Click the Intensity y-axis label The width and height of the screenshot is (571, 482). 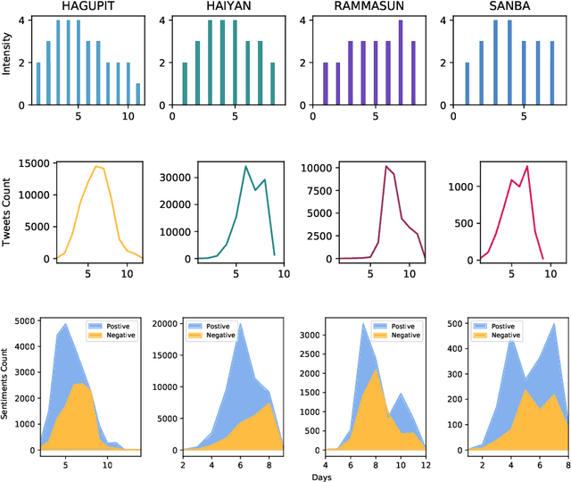click(8, 62)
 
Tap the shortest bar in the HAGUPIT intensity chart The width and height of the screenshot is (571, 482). click(137, 94)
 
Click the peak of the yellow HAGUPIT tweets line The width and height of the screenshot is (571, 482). click(95, 166)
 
